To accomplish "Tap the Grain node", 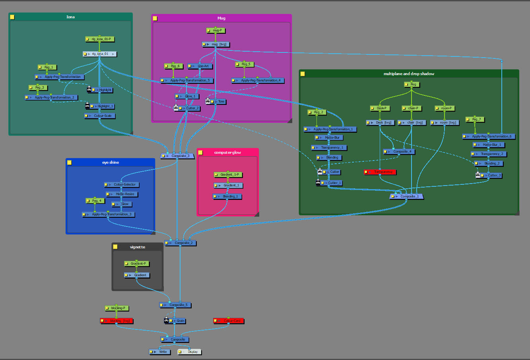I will (x=178, y=321).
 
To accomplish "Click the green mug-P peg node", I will (x=216, y=31).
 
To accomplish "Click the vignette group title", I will (x=138, y=247).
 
